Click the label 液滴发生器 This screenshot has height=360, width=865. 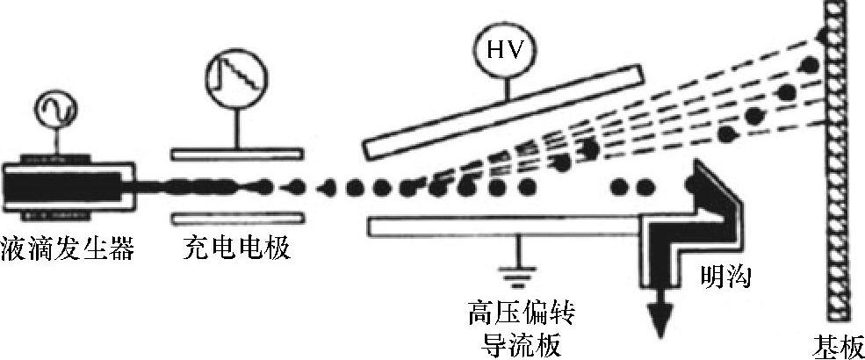[68, 250]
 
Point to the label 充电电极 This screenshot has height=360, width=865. [237, 250]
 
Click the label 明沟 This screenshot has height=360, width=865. [727, 279]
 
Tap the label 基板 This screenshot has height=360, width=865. [839, 344]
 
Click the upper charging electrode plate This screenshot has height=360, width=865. [238, 155]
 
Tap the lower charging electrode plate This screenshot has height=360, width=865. [238, 216]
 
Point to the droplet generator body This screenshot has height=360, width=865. [66, 188]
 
